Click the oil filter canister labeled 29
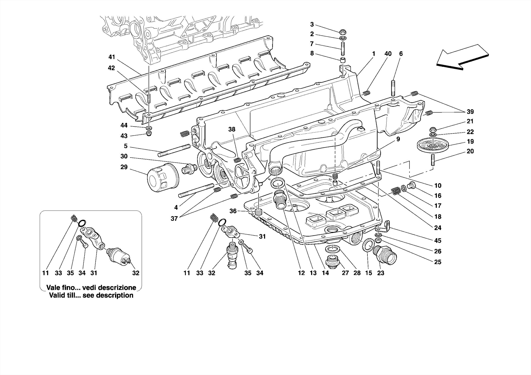[163, 178]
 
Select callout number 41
[111, 57]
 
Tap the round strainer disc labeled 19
[432, 146]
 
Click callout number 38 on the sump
[232, 129]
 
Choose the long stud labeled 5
[174, 151]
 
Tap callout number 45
[438, 241]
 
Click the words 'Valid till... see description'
[91, 295]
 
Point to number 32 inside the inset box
[136, 273]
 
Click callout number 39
[470, 112]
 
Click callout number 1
[374, 54]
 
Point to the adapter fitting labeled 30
[188, 168]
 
